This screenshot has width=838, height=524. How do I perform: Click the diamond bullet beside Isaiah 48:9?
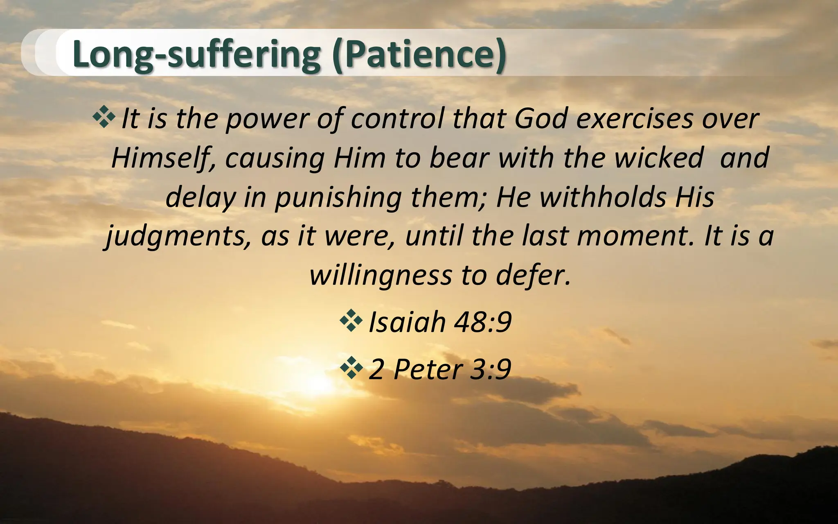pos(351,320)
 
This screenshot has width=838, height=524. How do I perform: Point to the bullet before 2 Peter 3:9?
pos(351,368)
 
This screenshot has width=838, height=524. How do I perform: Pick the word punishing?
pos(338,197)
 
